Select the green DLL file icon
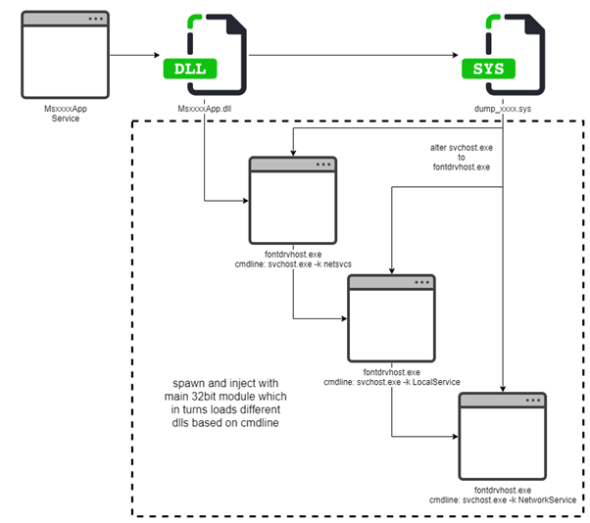(205, 54)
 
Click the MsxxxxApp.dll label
(204, 108)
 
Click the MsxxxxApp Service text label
(65, 114)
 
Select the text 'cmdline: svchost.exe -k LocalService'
(392, 381)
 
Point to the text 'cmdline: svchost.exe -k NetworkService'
(502, 499)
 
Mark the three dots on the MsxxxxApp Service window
(94, 20)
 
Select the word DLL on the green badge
(190, 69)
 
